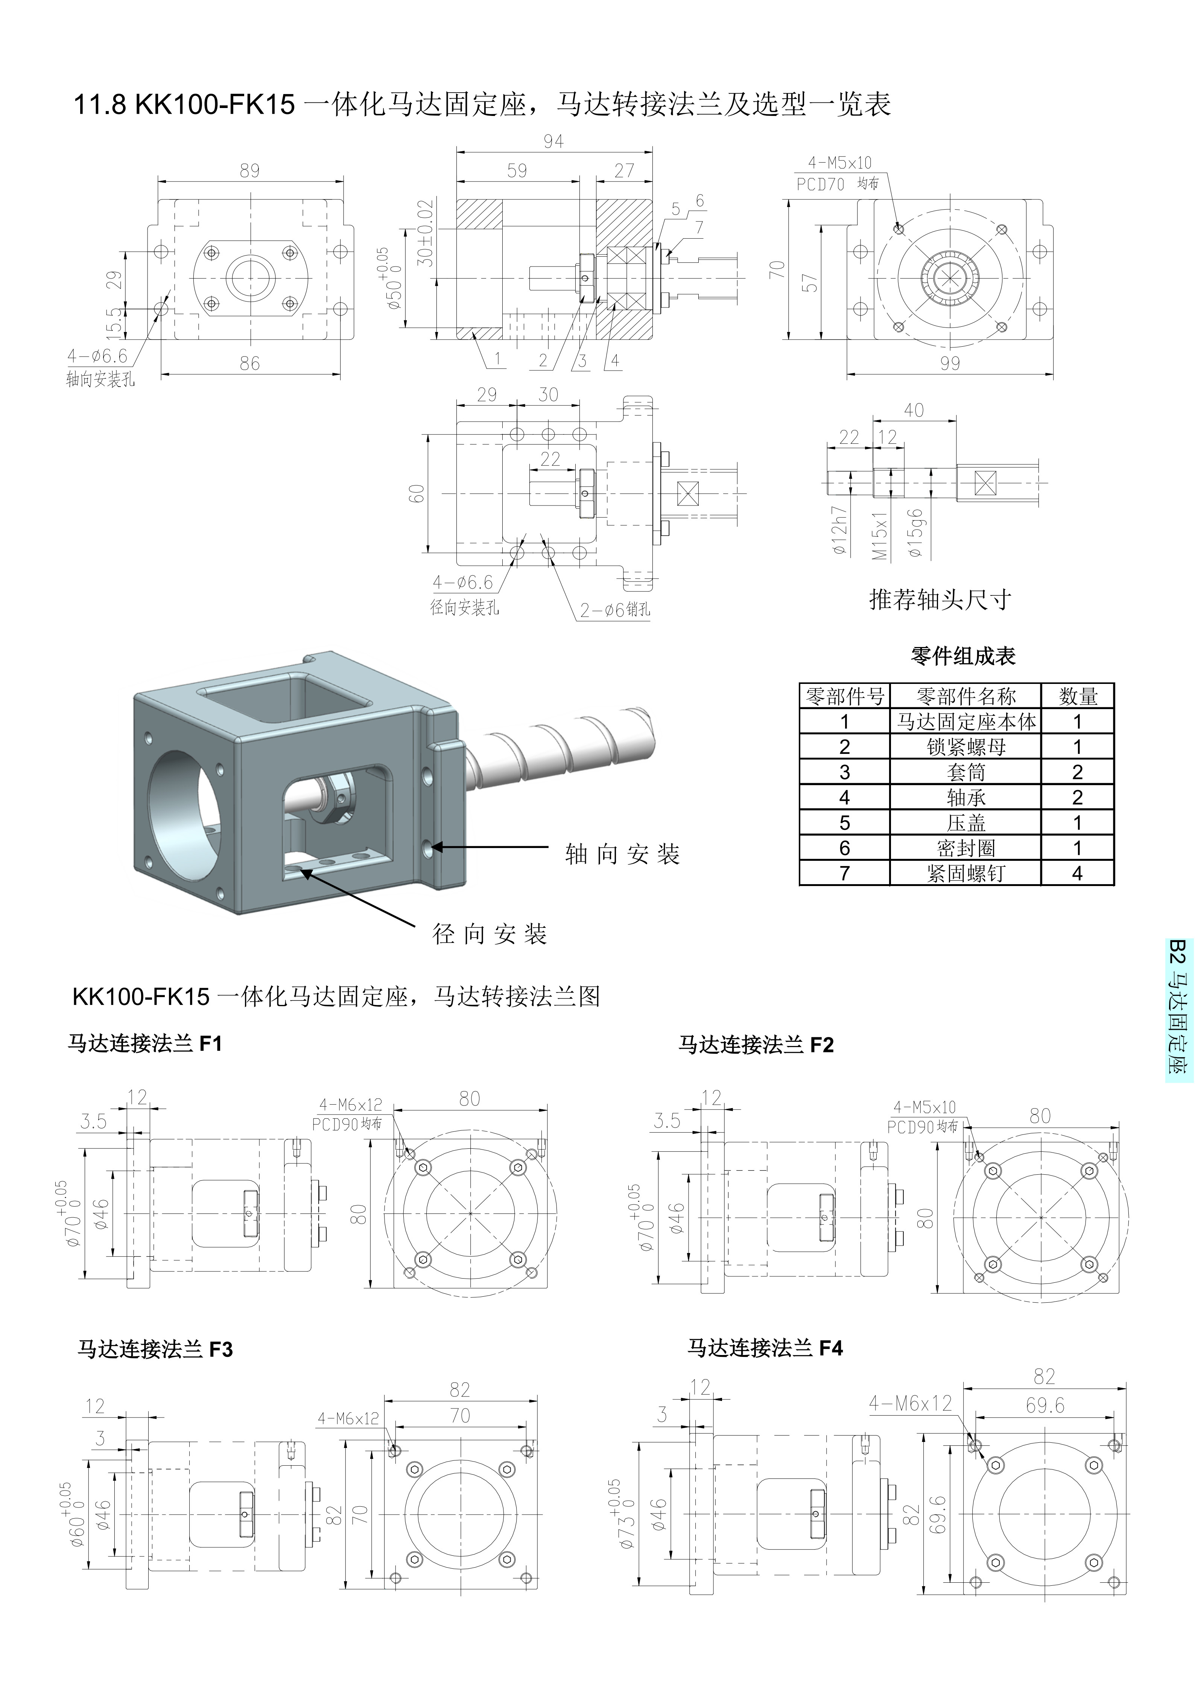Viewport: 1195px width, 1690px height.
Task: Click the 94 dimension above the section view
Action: pos(553,141)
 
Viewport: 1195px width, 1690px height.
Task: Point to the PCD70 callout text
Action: pos(821,185)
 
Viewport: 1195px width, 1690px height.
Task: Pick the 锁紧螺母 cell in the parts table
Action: pos(965,747)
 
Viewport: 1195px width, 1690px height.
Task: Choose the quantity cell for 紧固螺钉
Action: pos(1077,874)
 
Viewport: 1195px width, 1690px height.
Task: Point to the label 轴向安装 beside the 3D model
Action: pos(622,854)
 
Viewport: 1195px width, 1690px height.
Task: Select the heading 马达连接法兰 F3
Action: pos(155,1349)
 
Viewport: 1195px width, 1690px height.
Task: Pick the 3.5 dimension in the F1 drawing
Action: pos(93,1122)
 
